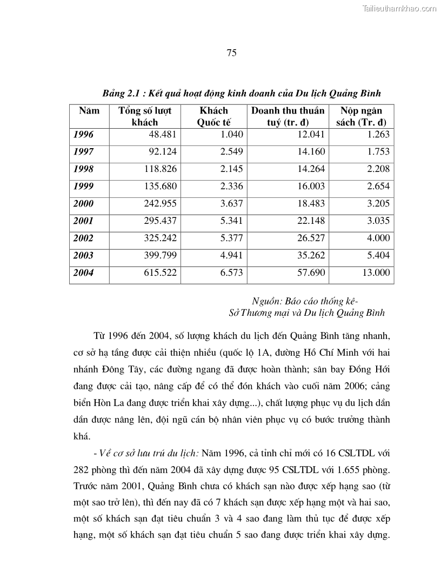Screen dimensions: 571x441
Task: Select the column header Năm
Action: (89, 111)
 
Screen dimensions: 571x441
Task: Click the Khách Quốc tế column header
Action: (213, 116)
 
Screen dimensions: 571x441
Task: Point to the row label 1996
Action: (83, 135)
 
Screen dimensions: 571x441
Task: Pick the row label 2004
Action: (83, 273)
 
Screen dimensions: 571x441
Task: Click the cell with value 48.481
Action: (162, 135)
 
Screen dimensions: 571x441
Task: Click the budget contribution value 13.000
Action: (376, 273)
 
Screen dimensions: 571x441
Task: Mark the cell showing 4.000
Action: (378, 238)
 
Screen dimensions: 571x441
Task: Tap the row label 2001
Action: (83, 221)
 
